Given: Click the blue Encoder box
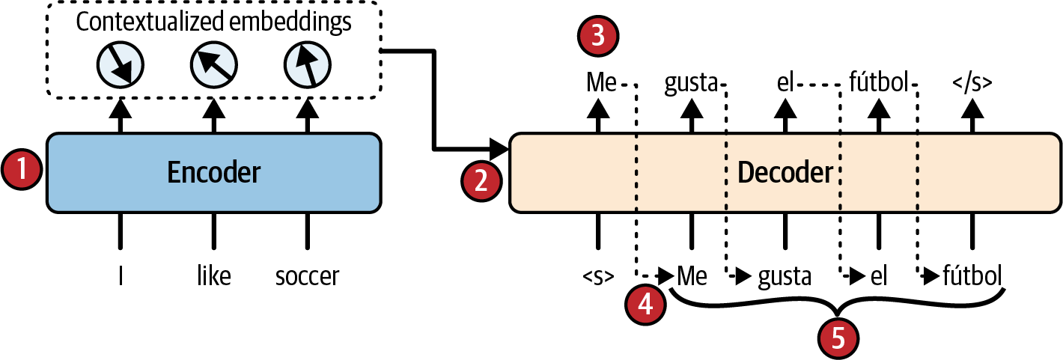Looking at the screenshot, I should [213, 173].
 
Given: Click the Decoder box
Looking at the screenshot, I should [785, 173].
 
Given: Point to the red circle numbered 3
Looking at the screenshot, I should [597, 37].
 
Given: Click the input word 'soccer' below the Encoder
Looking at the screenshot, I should [307, 276].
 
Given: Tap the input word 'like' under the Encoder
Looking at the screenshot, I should [213, 276].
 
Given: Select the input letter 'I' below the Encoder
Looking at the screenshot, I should [120, 276].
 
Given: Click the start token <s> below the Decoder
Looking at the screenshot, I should [598, 277].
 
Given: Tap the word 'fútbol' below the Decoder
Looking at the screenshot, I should [972, 276].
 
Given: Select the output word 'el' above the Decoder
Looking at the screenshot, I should [785, 82].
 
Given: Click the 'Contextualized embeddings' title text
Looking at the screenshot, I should [213, 22].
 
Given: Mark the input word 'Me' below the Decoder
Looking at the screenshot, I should [692, 276].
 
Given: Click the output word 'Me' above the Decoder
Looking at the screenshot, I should [601, 82].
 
